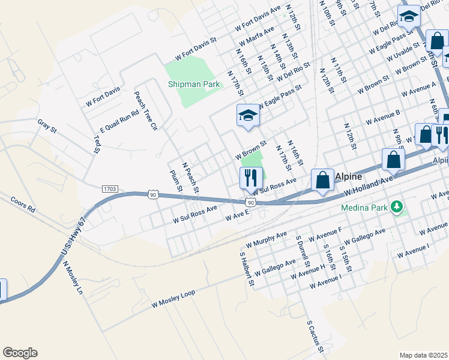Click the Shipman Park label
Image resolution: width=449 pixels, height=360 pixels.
pos(193,85)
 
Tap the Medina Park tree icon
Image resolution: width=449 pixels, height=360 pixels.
pos(396,208)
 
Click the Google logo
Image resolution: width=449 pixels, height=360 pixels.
pos(20,353)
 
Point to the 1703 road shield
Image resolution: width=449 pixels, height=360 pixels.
pos(109,188)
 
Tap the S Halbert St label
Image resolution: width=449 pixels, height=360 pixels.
pos(247,268)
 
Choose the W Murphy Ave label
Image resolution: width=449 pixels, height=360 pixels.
pos(267,240)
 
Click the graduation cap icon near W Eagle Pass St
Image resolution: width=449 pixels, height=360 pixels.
pos(247,115)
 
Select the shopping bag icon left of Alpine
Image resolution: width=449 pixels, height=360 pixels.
pos(322,180)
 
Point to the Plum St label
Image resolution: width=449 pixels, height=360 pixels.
pos(176,182)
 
